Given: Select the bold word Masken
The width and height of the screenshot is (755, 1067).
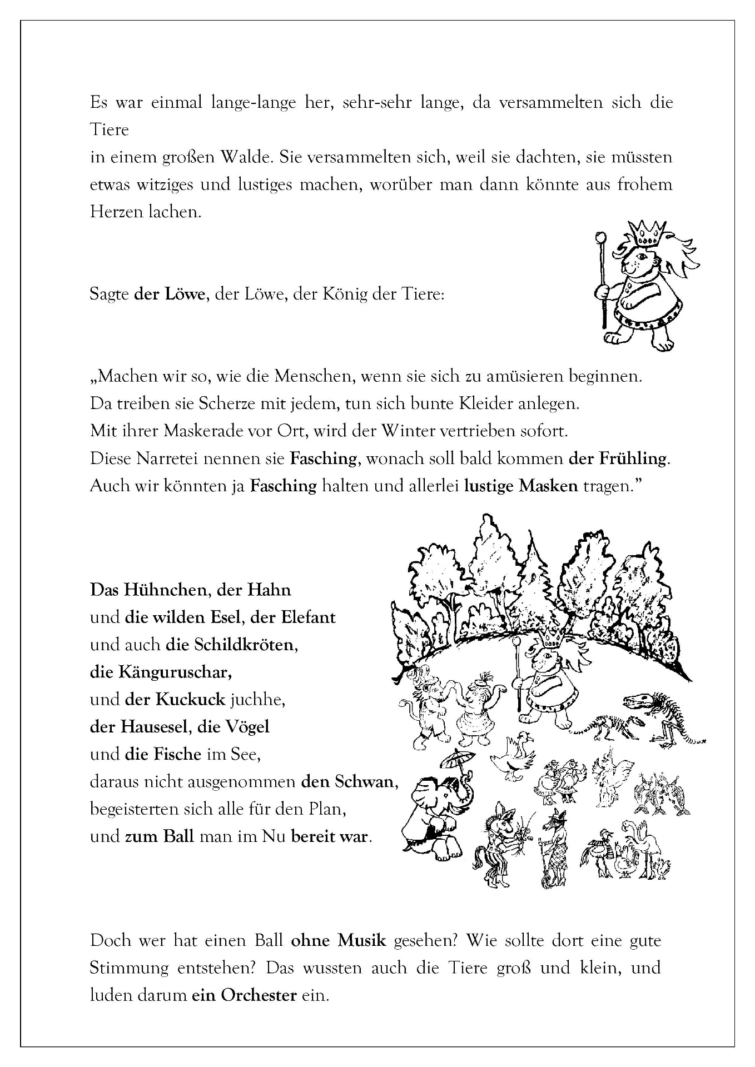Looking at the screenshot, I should click(548, 486).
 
